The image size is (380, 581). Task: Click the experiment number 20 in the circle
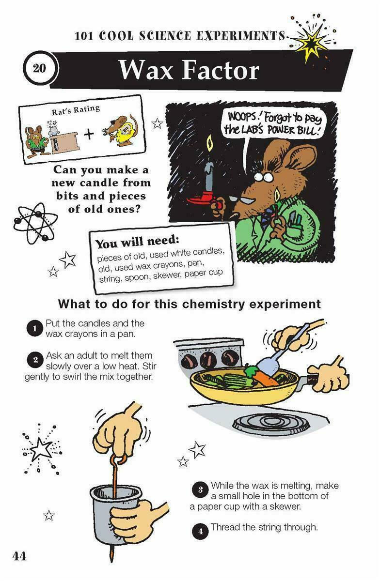[x=39, y=68]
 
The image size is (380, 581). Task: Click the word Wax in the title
[x=146, y=70]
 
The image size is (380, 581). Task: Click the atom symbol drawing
[x=34, y=223]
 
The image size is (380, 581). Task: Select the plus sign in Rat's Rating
[x=89, y=134]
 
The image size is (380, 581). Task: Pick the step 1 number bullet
[x=34, y=328]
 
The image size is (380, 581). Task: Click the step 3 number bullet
[x=200, y=490]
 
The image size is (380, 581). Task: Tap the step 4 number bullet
[x=200, y=532]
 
